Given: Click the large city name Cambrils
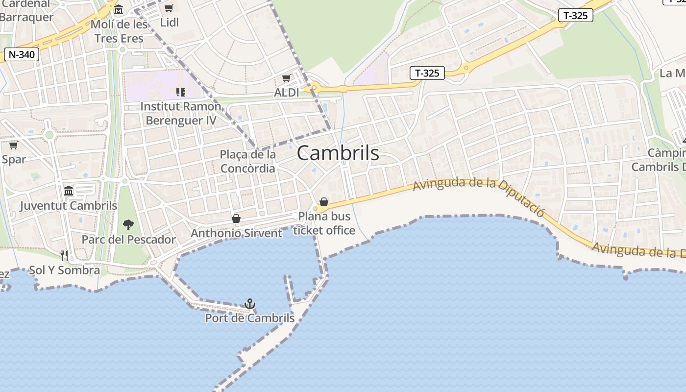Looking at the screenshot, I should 338,153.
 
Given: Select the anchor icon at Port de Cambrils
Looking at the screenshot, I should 250,304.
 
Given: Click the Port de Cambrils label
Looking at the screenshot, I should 250,318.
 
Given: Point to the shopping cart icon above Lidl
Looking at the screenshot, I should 169,8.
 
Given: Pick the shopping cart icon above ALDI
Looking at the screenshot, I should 287,78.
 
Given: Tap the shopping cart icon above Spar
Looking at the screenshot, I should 14,146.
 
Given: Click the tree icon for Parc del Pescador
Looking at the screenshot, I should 128,225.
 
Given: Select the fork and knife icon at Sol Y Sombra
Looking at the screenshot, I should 64,255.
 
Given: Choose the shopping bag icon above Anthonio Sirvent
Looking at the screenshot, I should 236,219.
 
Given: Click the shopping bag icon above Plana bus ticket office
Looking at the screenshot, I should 323,202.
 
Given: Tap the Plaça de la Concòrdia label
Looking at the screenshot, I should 247,161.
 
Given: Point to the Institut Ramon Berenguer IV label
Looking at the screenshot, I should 181,113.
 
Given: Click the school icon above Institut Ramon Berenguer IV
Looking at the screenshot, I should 180,92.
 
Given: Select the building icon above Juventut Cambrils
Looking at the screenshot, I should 69,191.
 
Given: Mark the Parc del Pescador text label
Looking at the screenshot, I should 128,240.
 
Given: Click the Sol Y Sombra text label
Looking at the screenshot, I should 64,270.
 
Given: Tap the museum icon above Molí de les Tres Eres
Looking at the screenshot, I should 119,10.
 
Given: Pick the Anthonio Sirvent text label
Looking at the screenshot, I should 236,233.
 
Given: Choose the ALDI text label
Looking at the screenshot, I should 287,93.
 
